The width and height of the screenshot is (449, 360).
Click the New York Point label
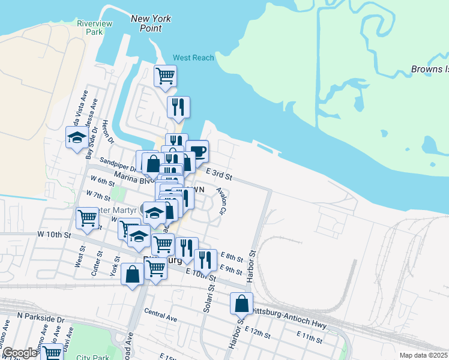coord(151,23)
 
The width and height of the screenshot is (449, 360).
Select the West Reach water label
coord(193,58)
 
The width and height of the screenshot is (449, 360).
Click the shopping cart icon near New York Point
coord(165,76)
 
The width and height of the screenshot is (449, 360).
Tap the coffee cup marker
coord(197,151)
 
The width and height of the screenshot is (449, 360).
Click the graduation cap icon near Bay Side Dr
coord(77,138)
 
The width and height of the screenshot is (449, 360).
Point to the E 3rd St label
coord(218,175)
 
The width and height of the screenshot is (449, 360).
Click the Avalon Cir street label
coord(221,202)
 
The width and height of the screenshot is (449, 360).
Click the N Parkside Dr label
coord(41,316)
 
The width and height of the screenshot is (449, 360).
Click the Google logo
coord(20,353)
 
